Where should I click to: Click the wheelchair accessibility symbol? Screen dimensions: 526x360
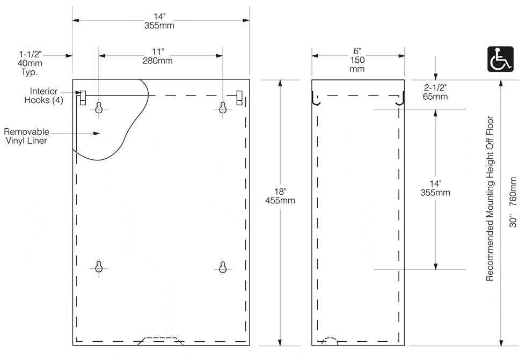click(500, 59)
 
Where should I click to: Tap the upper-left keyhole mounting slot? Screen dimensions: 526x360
click(99, 108)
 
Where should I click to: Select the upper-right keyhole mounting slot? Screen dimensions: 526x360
click(223, 108)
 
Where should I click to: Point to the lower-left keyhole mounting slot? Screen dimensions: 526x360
click(99, 267)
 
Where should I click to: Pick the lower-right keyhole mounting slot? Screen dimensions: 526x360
click(223, 267)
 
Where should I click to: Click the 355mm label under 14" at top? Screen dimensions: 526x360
click(159, 25)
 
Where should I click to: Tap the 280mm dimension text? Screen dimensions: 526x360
click(158, 61)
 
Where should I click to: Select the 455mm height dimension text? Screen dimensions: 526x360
click(280, 201)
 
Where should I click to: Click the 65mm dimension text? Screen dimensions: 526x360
click(435, 97)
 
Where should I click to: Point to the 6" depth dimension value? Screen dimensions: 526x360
click(357, 51)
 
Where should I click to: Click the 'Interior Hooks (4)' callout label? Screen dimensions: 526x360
click(43, 95)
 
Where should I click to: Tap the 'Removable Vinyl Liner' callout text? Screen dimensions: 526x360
click(26, 136)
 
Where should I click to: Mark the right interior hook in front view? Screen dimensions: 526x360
click(239, 98)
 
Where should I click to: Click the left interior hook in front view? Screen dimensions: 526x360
click(83, 98)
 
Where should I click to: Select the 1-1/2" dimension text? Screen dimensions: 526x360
click(30, 54)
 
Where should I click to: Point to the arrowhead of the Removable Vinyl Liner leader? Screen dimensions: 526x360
click(97, 134)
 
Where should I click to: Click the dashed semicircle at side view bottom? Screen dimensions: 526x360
click(330, 340)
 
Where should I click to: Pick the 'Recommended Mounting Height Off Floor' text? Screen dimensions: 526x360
click(490, 199)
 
